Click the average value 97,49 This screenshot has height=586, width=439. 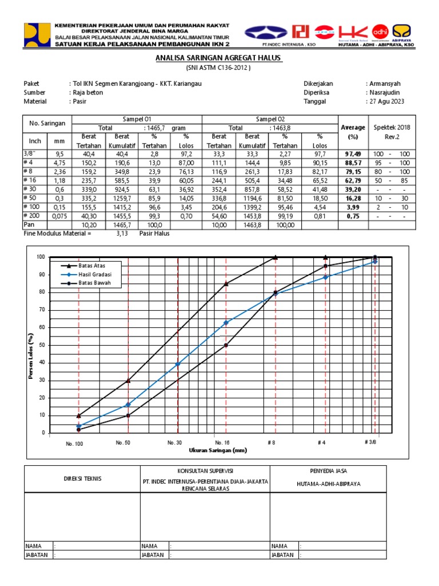353,155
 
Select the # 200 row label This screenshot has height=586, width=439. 32,216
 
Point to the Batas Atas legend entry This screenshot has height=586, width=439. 92,266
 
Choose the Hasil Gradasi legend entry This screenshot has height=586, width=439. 95,275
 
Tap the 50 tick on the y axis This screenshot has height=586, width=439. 41,345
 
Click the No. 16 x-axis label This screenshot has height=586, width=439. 223,443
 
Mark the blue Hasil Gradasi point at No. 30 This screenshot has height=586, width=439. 178,364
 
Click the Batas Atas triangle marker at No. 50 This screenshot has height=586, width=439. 128,381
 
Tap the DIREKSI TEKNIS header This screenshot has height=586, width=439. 82,478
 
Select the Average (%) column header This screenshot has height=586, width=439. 353,132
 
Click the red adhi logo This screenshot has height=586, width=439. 380,31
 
